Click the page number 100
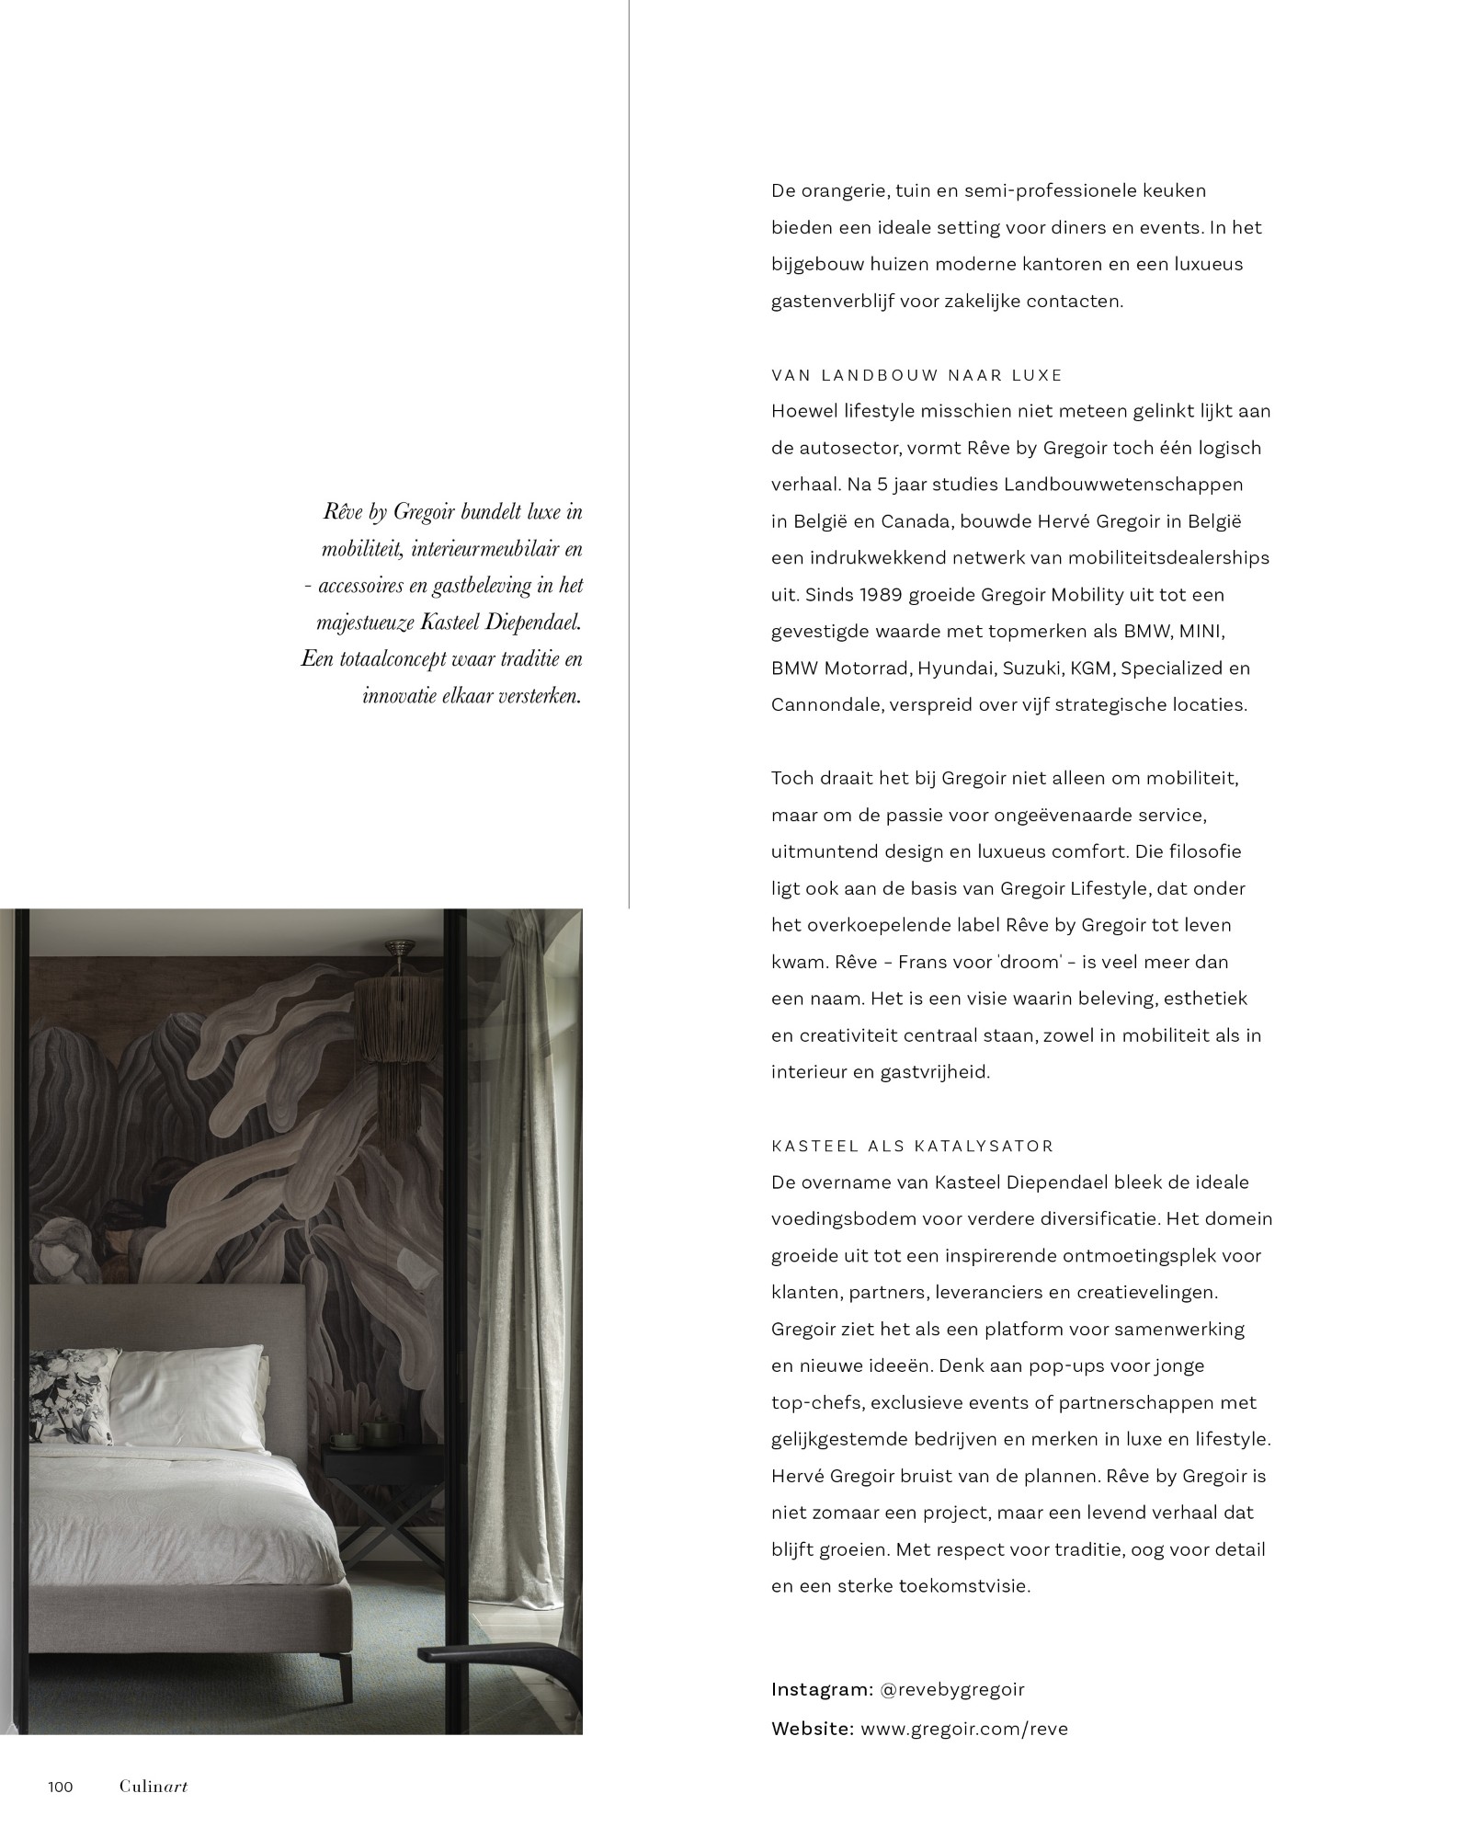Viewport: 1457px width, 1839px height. pyautogui.click(x=61, y=1787)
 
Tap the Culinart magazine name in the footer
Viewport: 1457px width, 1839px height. pyautogui.click(x=153, y=1787)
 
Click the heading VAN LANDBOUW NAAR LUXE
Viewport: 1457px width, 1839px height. pyautogui.click(x=916, y=375)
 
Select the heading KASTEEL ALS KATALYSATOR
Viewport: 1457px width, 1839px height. pyautogui.click(x=912, y=1147)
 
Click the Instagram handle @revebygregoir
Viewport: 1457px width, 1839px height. pyautogui.click(x=951, y=1689)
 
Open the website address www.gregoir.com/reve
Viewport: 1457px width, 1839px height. pyautogui.click(x=964, y=1728)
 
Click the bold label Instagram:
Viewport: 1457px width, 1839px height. pyautogui.click(x=822, y=1689)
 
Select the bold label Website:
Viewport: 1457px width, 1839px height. pyautogui.click(x=813, y=1728)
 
